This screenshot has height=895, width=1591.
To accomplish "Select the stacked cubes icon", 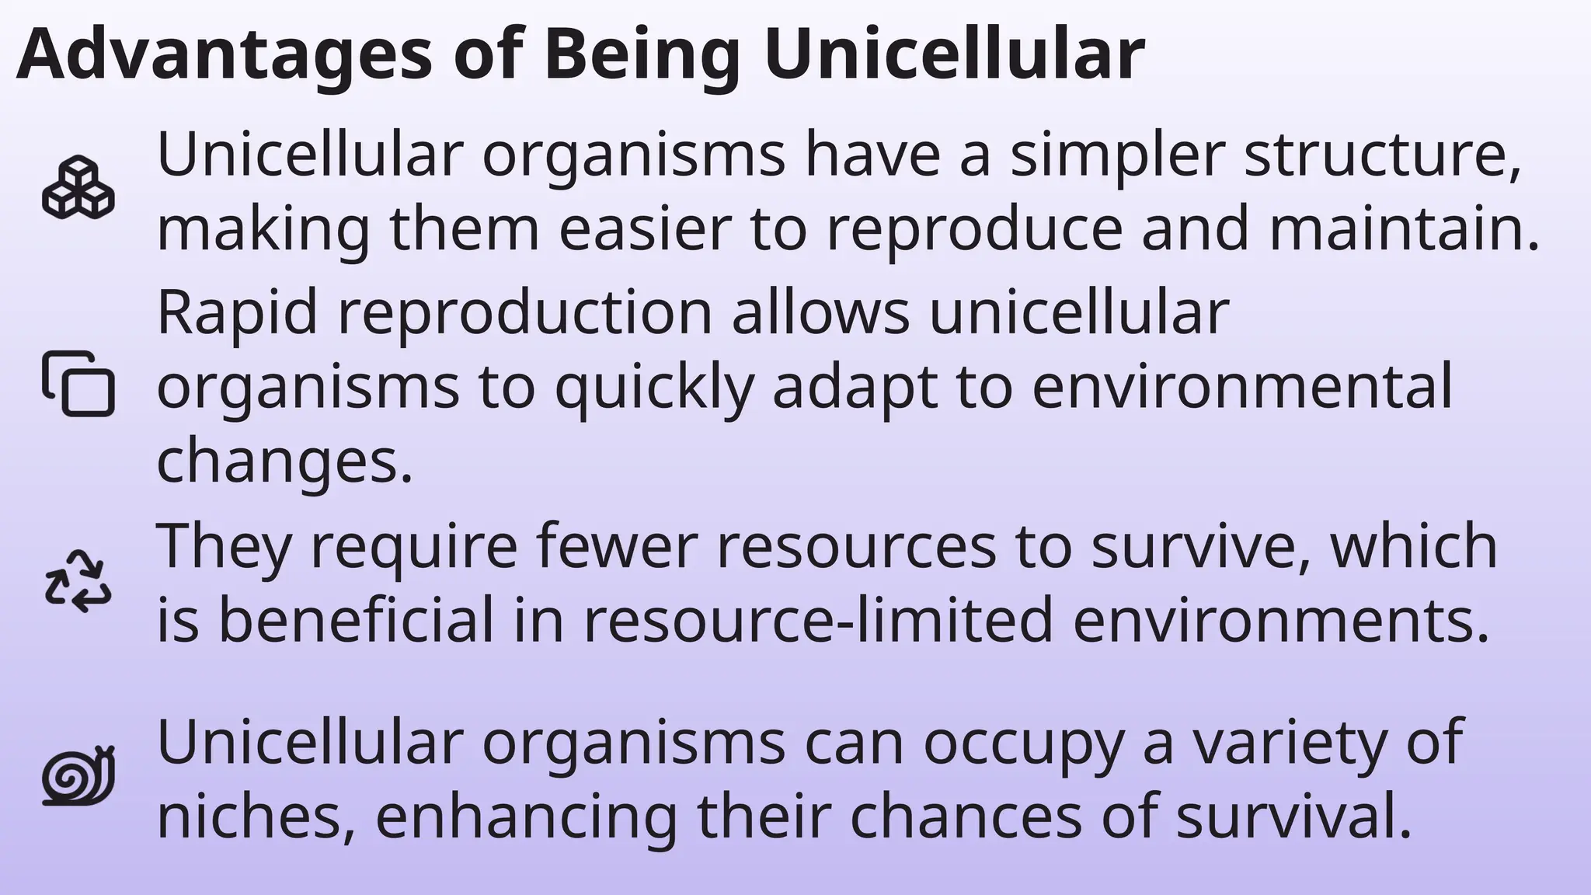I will pyautogui.click(x=78, y=188).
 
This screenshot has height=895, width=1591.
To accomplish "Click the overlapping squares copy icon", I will pyautogui.click(x=78, y=384).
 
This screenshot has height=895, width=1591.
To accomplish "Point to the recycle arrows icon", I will pyautogui.click(x=78, y=581).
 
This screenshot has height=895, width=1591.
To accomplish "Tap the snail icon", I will pyautogui.click(x=78, y=775).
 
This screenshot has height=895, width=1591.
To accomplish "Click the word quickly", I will pyautogui.click(x=654, y=387).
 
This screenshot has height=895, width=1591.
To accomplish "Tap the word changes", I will pyautogui.click(x=284, y=461).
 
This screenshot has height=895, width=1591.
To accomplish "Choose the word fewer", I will pyautogui.click(x=617, y=545).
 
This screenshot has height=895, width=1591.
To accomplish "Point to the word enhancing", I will pyautogui.click(x=527, y=818).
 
